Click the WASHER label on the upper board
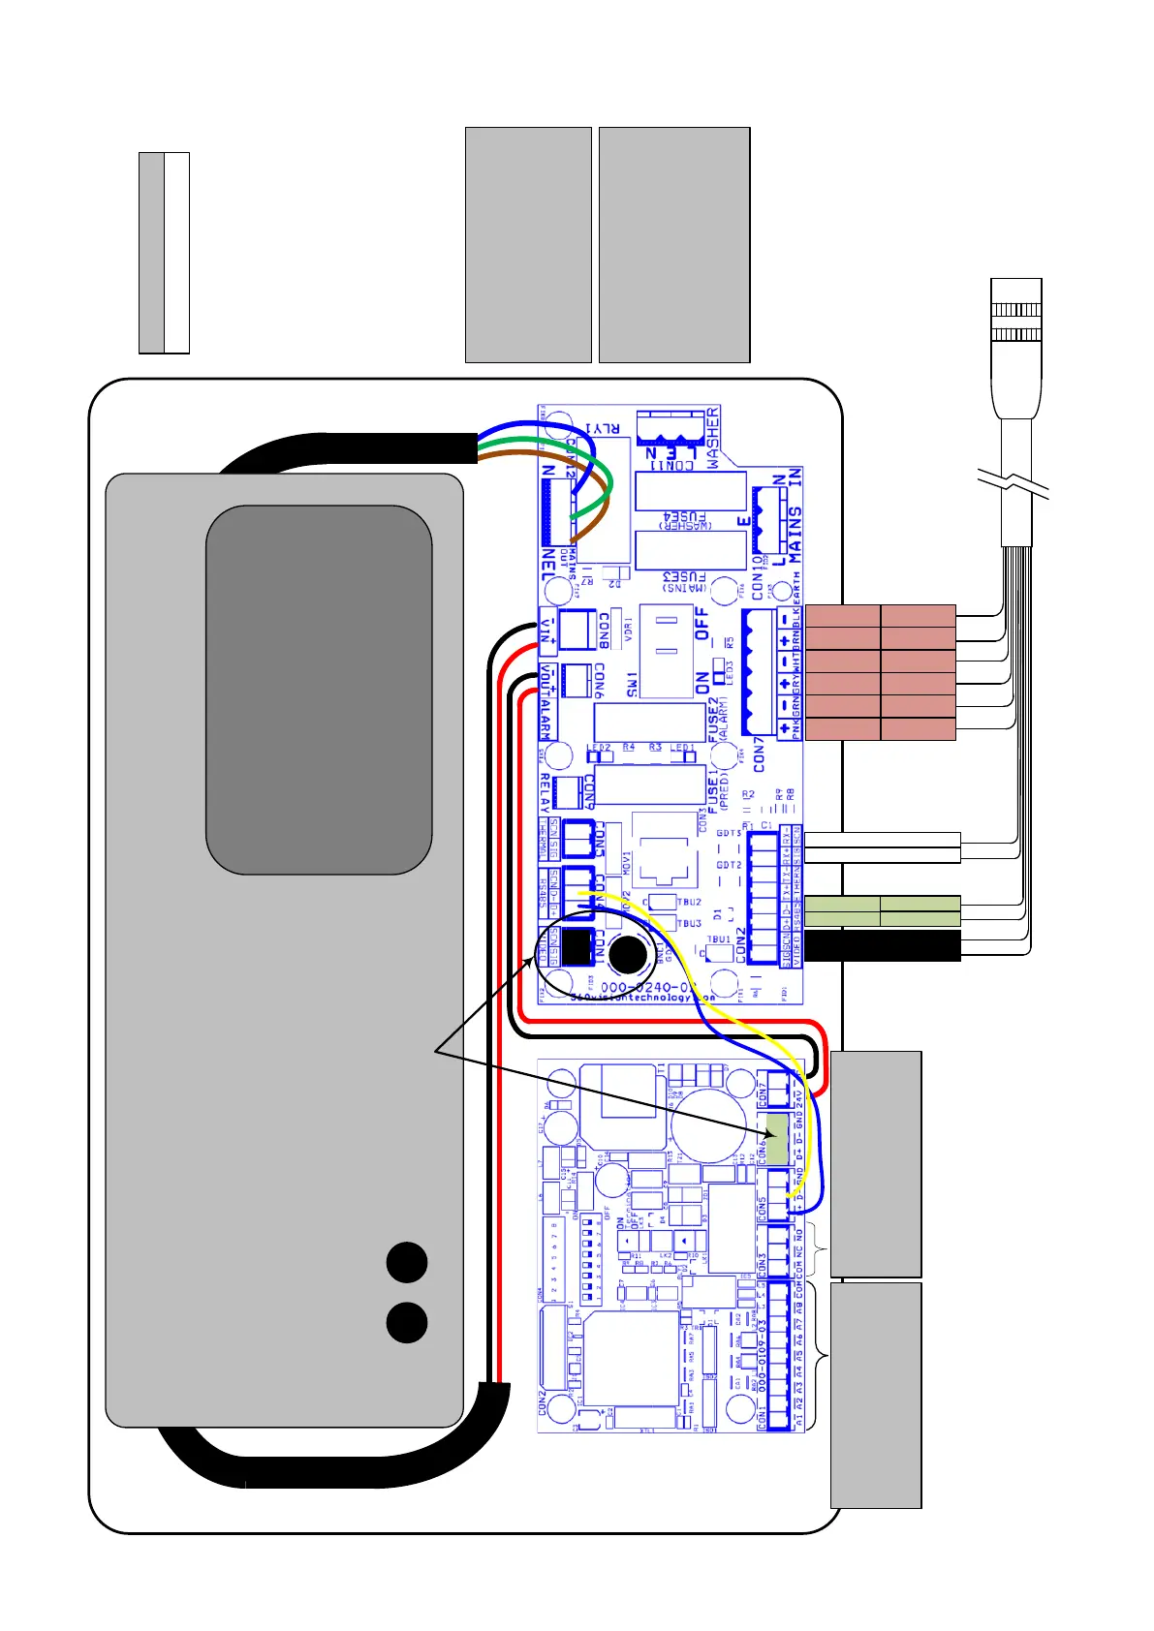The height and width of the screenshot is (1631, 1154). coord(713,439)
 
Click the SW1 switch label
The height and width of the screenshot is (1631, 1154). coord(632,682)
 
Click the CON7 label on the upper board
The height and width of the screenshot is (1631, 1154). coord(759,754)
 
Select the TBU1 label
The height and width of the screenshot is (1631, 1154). coord(719,939)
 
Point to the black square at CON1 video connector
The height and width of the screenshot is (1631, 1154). coord(577,946)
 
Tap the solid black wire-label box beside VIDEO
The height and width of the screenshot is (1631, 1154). coord(883,946)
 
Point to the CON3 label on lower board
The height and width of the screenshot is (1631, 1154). coord(762,1265)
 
